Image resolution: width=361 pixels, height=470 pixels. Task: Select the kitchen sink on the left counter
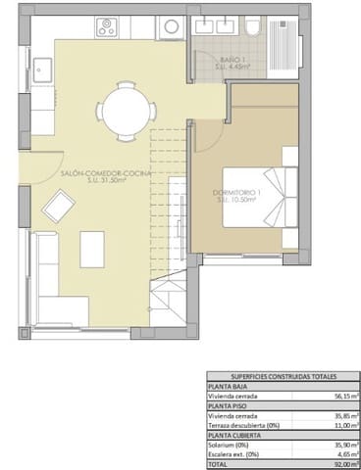coord(43,69)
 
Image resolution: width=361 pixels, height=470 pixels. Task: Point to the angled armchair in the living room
coord(61,205)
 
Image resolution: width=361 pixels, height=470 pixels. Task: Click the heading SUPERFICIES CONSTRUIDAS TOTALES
coord(283,375)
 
